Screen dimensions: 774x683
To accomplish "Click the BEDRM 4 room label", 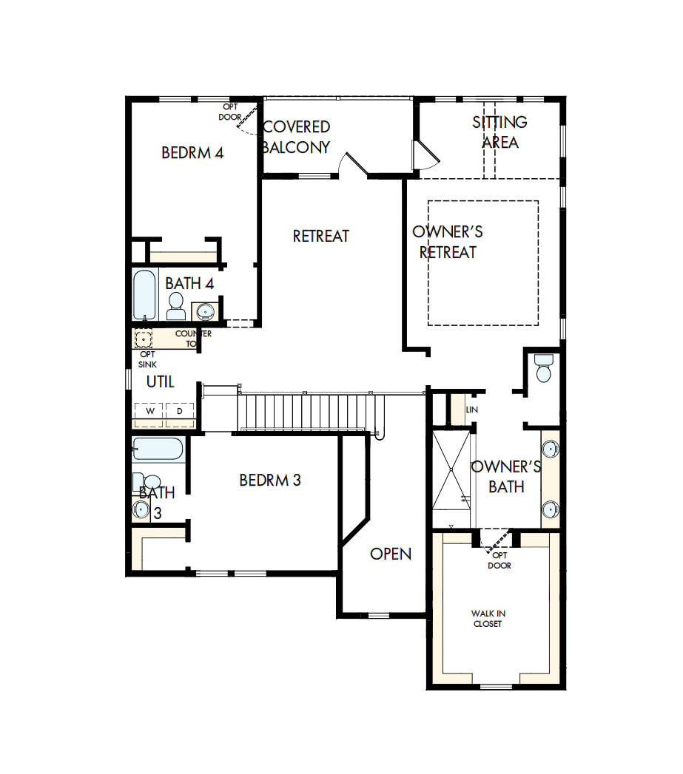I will [x=192, y=153].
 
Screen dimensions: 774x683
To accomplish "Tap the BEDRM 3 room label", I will [x=270, y=480].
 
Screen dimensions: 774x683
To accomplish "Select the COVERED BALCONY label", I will [x=297, y=137].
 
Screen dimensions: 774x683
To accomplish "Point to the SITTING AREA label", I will [x=500, y=132].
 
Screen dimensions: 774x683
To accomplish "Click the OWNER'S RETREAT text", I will [x=448, y=242].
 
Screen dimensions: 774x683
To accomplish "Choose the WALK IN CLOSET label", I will [x=488, y=619].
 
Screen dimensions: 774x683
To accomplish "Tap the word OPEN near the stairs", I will [x=391, y=554].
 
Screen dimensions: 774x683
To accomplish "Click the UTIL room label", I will [x=160, y=381].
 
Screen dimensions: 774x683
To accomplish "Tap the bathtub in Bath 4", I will [x=144, y=294].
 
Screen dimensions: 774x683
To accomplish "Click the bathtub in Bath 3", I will [x=157, y=449].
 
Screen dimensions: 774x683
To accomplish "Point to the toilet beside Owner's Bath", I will [x=543, y=368].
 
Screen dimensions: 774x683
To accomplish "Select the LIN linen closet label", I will [x=471, y=410].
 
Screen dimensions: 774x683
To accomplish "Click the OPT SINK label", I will [x=147, y=359].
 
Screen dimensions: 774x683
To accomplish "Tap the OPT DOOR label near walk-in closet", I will [x=500, y=560].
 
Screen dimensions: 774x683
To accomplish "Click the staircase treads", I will [x=306, y=410].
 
